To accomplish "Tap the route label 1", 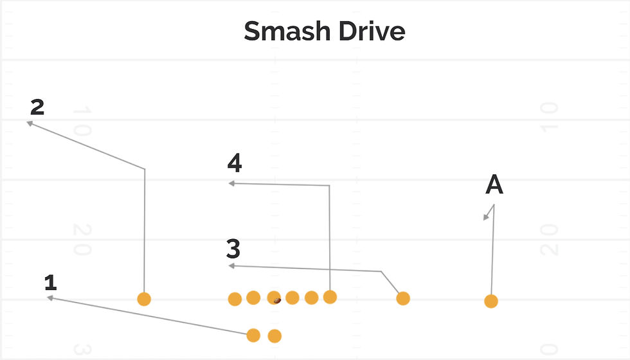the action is click(51, 282).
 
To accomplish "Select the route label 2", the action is click(37, 107).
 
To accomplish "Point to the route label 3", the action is click(233, 248).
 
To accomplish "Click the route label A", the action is click(494, 185).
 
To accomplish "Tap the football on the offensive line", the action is click(277, 300).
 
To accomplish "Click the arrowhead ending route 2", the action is click(30, 122).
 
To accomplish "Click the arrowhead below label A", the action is click(487, 217).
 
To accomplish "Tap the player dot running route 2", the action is click(144, 299).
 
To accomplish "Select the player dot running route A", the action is click(491, 301).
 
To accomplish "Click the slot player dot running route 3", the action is click(403, 298).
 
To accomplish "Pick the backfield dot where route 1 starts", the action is click(253, 335).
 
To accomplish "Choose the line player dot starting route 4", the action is click(330, 297).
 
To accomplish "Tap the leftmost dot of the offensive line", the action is click(235, 299).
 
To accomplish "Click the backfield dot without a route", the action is click(274, 336).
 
